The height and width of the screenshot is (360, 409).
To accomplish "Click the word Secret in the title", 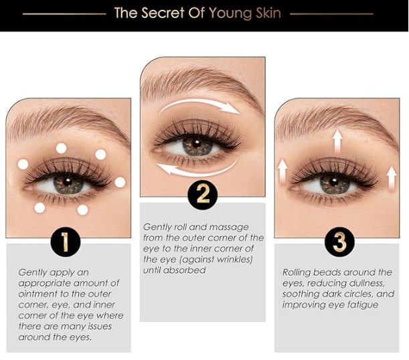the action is point(163,13).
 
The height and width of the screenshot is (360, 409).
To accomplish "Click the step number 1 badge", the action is point(66,242).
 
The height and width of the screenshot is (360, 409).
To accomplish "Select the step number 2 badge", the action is point(203,194).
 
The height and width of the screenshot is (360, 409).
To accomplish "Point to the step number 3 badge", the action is point(339,242).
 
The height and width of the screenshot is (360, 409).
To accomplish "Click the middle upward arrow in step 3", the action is point(338,141).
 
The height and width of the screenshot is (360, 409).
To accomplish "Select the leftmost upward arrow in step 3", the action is point(282,171).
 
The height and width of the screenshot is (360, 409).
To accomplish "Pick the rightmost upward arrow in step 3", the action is point(392,179).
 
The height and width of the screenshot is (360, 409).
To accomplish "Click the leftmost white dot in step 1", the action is point(23,164).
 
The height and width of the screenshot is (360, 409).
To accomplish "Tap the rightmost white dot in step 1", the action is point(120,183).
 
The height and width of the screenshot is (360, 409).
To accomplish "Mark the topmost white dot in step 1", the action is point(62,148).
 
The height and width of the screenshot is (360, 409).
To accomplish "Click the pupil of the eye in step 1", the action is point(68,182).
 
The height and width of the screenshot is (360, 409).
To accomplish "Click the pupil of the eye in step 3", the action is point(334,182).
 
